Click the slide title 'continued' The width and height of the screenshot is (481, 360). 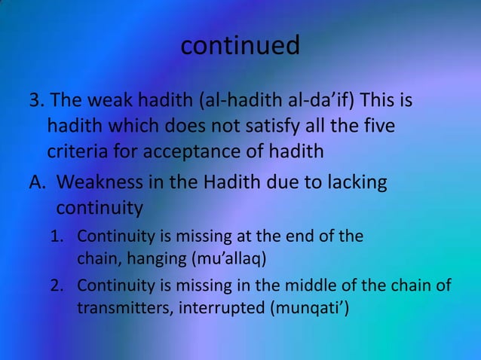click(240, 46)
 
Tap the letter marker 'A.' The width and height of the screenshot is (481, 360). click(39, 182)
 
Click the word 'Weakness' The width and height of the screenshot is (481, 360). click(97, 182)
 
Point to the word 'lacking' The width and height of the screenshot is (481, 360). click(356, 182)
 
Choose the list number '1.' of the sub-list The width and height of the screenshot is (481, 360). click(57, 236)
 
